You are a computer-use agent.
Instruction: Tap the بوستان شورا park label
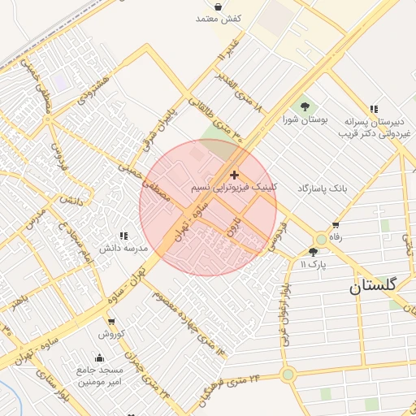click(305, 119)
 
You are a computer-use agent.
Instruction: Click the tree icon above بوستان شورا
click(305, 106)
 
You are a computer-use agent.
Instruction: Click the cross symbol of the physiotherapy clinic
click(234, 175)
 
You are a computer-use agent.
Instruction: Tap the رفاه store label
click(335, 237)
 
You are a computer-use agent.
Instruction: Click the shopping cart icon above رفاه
click(335, 225)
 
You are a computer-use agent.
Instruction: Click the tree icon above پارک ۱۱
click(314, 252)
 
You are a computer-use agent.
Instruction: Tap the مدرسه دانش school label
click(123, 247)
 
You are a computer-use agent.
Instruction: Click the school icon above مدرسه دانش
click(123, 235)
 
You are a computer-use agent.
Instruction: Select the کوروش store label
click(111, 334)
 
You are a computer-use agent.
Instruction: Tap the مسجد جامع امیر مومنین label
click(99, 375)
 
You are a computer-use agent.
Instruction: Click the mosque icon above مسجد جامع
click(99, 357)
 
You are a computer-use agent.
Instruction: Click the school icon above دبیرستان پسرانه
click(374, 108)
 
